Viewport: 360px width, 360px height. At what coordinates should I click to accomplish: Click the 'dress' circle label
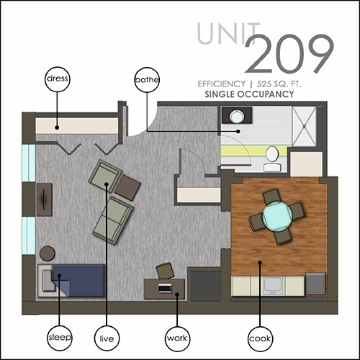click(58, 79)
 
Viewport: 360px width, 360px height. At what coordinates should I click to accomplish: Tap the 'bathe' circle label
click(147, 80)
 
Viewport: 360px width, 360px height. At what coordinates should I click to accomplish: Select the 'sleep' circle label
click(60, 338)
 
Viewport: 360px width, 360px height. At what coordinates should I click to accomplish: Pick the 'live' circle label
click(107, 338)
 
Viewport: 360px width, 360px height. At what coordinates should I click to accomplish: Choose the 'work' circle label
click(177, 338)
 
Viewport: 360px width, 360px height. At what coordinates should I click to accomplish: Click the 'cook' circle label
click(260, 339)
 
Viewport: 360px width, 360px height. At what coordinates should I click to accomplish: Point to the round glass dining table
click(277, 216)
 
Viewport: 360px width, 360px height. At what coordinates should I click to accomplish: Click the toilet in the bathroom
click(272, 159)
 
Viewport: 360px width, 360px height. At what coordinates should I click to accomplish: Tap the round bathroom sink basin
click(237, 116)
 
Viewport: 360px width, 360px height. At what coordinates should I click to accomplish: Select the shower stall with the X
click(305, 126)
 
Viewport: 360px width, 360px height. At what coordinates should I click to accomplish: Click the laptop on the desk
click(165, 288)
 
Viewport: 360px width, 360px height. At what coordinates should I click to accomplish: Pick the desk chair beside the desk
click(165, 271)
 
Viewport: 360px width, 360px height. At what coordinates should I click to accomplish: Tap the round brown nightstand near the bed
click(48, 253)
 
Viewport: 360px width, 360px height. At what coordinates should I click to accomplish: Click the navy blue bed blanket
click(78, 280)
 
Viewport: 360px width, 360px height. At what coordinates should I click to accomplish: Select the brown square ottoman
click(127, 188)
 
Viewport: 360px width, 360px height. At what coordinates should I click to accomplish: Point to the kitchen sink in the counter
click(272, 286)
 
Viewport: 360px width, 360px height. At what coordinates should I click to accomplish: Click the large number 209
click(289, 54)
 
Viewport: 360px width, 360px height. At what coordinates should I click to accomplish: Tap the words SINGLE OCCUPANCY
click(249, 94)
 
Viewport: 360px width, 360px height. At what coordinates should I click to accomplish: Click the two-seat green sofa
click(113, 220)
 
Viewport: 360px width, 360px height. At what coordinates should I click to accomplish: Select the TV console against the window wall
click(45, 199)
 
